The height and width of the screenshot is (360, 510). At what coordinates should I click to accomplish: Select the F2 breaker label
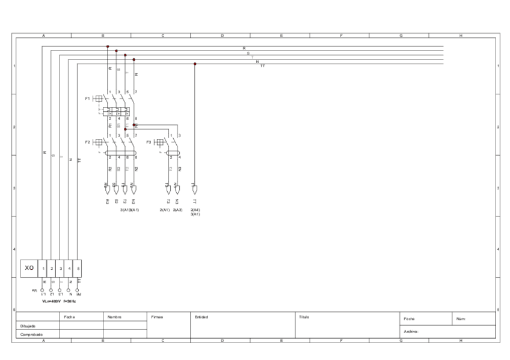click(x=88, y=142)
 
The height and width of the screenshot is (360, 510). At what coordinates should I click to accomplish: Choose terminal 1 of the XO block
click(x=43, y=267)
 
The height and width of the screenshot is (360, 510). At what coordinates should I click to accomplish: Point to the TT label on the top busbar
click(x=262, y=66)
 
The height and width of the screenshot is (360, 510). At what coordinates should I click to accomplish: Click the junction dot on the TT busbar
click(x=194, y=64)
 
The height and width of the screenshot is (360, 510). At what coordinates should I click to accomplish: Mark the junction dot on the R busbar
click(x=108, y=46)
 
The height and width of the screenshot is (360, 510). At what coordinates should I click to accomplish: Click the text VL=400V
click(x=51, y=301)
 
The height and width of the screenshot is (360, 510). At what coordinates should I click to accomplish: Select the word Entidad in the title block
click(x=201, y=317)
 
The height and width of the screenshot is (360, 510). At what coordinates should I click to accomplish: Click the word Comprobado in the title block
click(x=31, y=334)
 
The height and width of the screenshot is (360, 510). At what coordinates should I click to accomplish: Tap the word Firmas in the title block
click(x=158, y=317)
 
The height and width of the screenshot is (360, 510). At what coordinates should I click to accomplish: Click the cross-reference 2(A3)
click(x=177, y=210)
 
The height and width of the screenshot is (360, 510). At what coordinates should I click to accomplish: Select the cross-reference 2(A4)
click(x=195, y=210)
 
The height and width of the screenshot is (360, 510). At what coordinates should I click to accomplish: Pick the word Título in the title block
click(x=304, y=317)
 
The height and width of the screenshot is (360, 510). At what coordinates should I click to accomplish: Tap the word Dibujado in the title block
click(x=29, y=326)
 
